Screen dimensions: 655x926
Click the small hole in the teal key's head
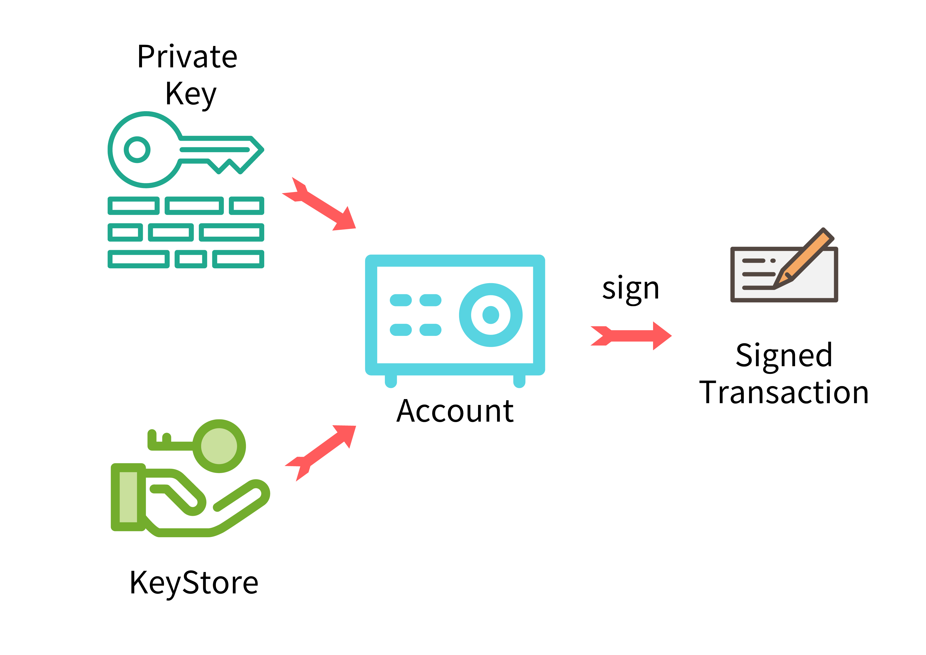pos(137,150)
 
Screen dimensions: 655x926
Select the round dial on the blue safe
pos(490,315)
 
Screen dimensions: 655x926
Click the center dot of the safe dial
pos(490,315)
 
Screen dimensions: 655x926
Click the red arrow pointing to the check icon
pos(631,336)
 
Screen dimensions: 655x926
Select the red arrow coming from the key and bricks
pos(321,205)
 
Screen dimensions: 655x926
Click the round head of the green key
pos(219,446)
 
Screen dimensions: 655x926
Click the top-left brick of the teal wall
pos(134,206)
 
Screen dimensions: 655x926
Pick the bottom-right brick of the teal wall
pos(238,259)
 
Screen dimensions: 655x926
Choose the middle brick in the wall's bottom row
pos(191,259)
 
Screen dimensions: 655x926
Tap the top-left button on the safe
pos(400,300)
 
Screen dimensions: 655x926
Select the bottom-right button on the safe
pos(430,330)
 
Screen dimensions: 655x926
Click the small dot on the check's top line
pos(773,261)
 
